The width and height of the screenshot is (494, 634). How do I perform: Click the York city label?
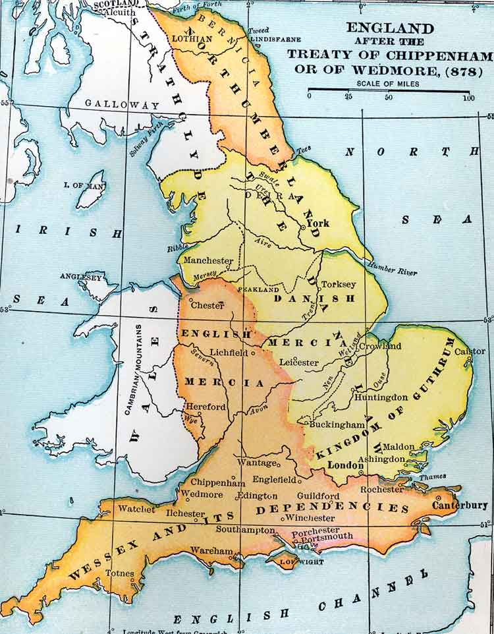(x=318, y=223)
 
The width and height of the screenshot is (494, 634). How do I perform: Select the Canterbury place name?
(x=460, y=505)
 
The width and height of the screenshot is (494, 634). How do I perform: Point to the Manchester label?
(x=208, y=260)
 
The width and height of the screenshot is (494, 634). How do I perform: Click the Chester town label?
(x=207, y=305)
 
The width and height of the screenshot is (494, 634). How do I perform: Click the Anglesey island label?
(x=81, y=277)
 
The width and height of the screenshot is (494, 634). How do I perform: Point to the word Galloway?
(x=123, y=105)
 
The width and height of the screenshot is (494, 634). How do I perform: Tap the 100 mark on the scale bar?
(x=468, y=98)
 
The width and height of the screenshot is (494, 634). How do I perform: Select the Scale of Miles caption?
(x=389, y=84)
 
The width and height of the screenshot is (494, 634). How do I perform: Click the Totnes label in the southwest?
(x=120, y=573)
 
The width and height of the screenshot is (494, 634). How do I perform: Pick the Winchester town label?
(x=310, y=517)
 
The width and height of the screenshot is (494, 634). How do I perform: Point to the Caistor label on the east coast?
(x=468, y=351)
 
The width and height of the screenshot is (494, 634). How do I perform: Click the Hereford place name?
(x=206, y=407)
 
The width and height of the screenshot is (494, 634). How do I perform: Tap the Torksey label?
(x=337, y=284)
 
